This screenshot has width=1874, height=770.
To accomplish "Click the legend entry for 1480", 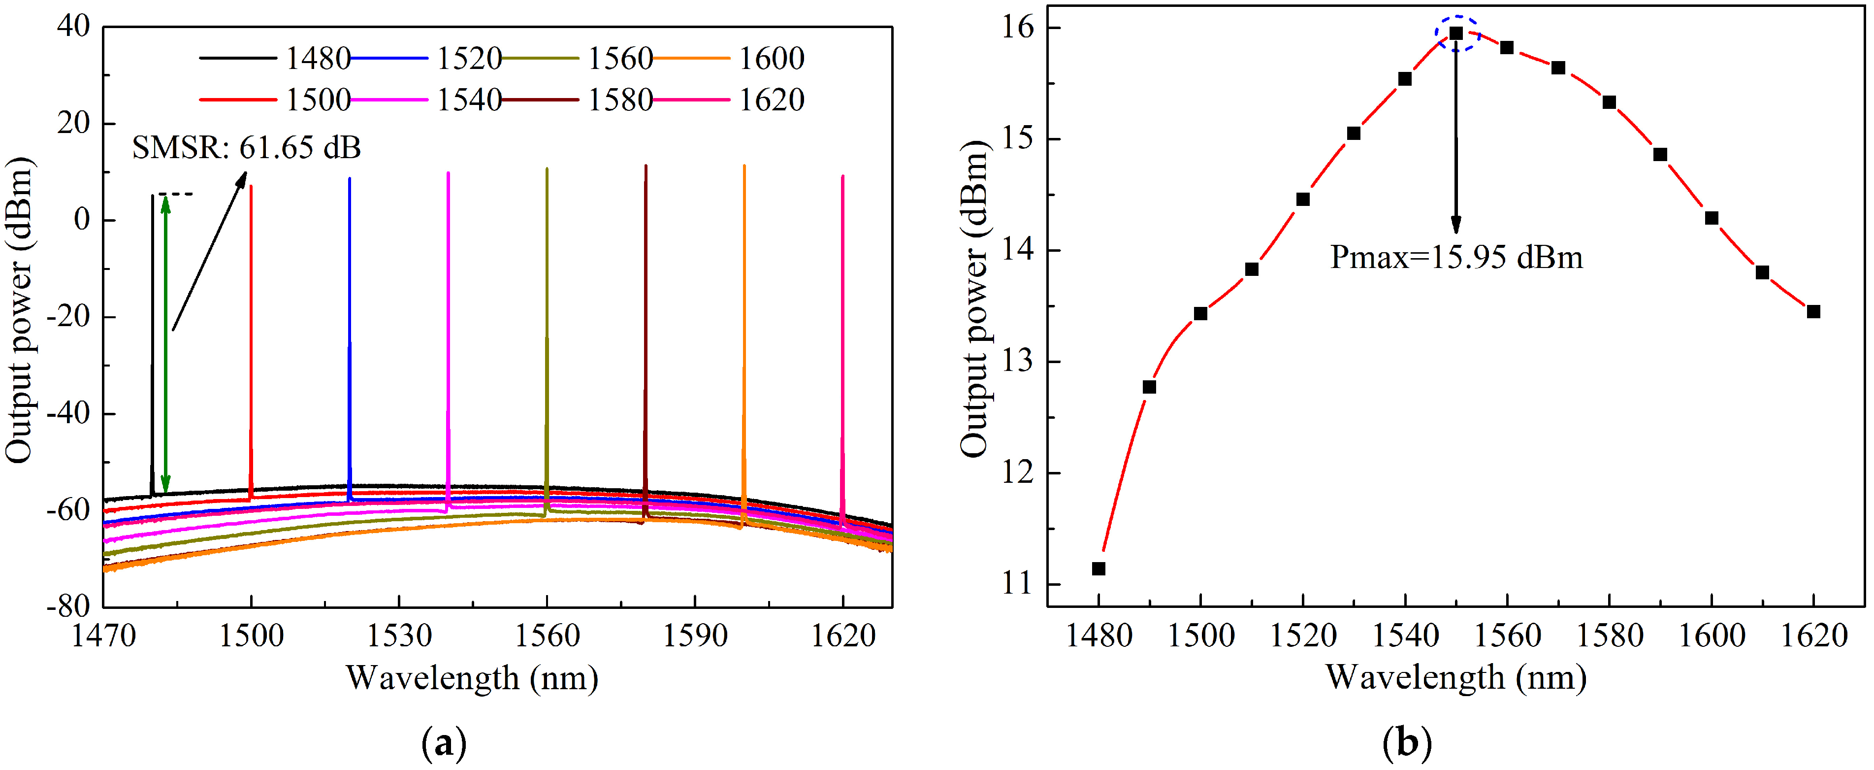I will pyautogui.click(x=276, y=58).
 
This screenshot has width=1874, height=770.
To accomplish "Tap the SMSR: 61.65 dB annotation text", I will pyautogui.click(x=246, y=148).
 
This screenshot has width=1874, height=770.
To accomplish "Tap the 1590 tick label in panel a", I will pyautogui.click(x=695, y=636).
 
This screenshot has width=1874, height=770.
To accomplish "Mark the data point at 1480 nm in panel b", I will pyautogui.click(x=1099, y=569).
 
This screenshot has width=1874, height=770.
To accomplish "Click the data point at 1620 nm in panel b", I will pyautogui.click(x=1813, y=311).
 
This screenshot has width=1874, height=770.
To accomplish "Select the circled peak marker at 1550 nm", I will pyautogui.click(x=1455, y=33).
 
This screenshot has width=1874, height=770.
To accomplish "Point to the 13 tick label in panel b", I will pyautogui.click(x=1018, y=362).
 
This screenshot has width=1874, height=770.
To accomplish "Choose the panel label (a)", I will pyautogui.click(x=444, y=744).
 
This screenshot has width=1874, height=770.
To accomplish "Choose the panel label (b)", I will pyautogui.click(x=1406, y=744).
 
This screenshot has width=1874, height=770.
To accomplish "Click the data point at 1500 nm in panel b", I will pyautogui.click(x=1200, y=314).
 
